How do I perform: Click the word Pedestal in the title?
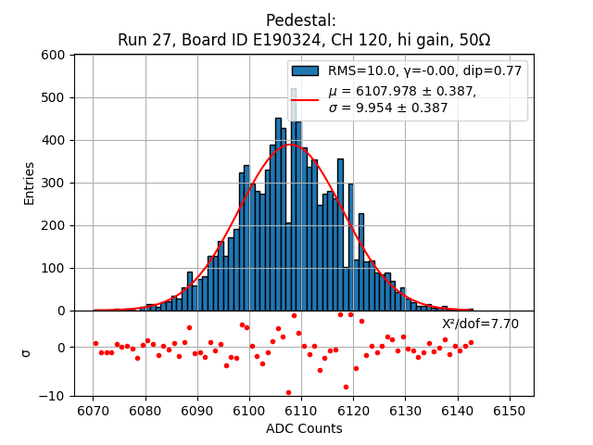(x=300, y=20)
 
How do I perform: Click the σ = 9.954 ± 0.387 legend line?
(x=388, y=108)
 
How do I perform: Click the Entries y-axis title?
(x=29, y=183)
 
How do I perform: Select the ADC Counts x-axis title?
(x=304, y=428)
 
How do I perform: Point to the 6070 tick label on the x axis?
(x=94, y=411)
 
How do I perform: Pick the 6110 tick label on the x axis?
(x=303, y=411)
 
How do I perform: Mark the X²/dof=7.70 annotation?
(x=480, y=324)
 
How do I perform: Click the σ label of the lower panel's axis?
(x=27, y=352)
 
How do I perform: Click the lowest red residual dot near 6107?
(x=288, y=392)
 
